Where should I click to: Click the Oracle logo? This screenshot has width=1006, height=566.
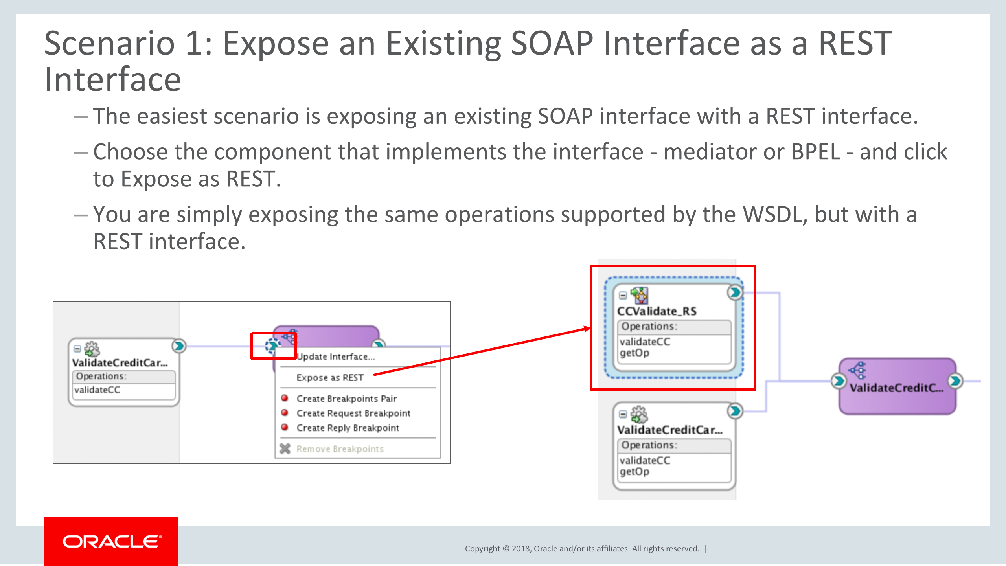[x=112, y=542]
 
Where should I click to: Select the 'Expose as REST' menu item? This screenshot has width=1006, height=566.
[x=330, y=378]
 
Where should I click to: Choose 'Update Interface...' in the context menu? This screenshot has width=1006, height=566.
[x=336, y=357]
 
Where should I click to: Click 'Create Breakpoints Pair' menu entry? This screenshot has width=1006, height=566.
[x=346, y=399]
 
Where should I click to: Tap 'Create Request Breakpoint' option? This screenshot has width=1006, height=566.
[x=353, y=413]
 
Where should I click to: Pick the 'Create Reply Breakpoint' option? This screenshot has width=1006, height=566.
[x=348, y=428]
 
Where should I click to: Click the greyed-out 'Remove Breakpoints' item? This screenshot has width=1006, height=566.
[x=340, y=449]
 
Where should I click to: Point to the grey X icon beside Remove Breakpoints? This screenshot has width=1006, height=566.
[x=285, y=448]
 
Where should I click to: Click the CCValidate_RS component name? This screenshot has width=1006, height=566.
[x=657, y=311]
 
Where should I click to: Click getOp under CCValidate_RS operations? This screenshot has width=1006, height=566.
[x=634, y=353]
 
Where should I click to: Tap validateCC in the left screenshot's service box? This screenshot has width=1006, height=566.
[x=97, y=390]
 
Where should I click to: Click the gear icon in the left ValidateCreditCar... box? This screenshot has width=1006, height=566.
[x=92, y=349]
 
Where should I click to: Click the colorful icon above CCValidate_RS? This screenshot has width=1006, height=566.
[x=639, y=295]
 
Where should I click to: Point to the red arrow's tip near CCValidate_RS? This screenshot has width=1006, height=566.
[x=589, y=329]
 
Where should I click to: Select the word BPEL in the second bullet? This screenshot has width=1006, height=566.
[x=815, y=152]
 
